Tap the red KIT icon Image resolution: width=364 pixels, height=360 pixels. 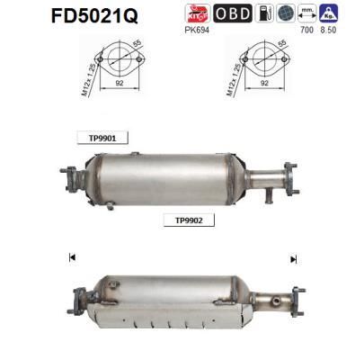pos(196,13)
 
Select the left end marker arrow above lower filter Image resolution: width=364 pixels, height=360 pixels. pos(71,258)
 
